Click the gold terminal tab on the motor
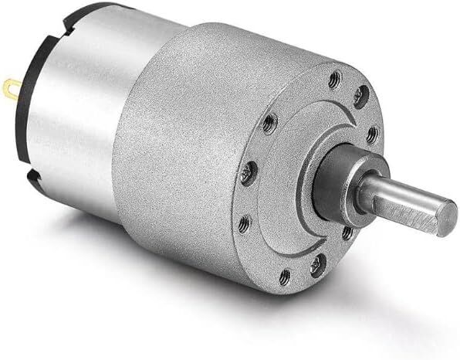point(9,90)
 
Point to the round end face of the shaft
point(448,219)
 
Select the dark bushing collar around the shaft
point(336,185)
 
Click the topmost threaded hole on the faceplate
point(335,76)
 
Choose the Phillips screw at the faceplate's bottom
point(317,267)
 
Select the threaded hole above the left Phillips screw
point(269,121)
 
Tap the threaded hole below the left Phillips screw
point(244,225)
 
